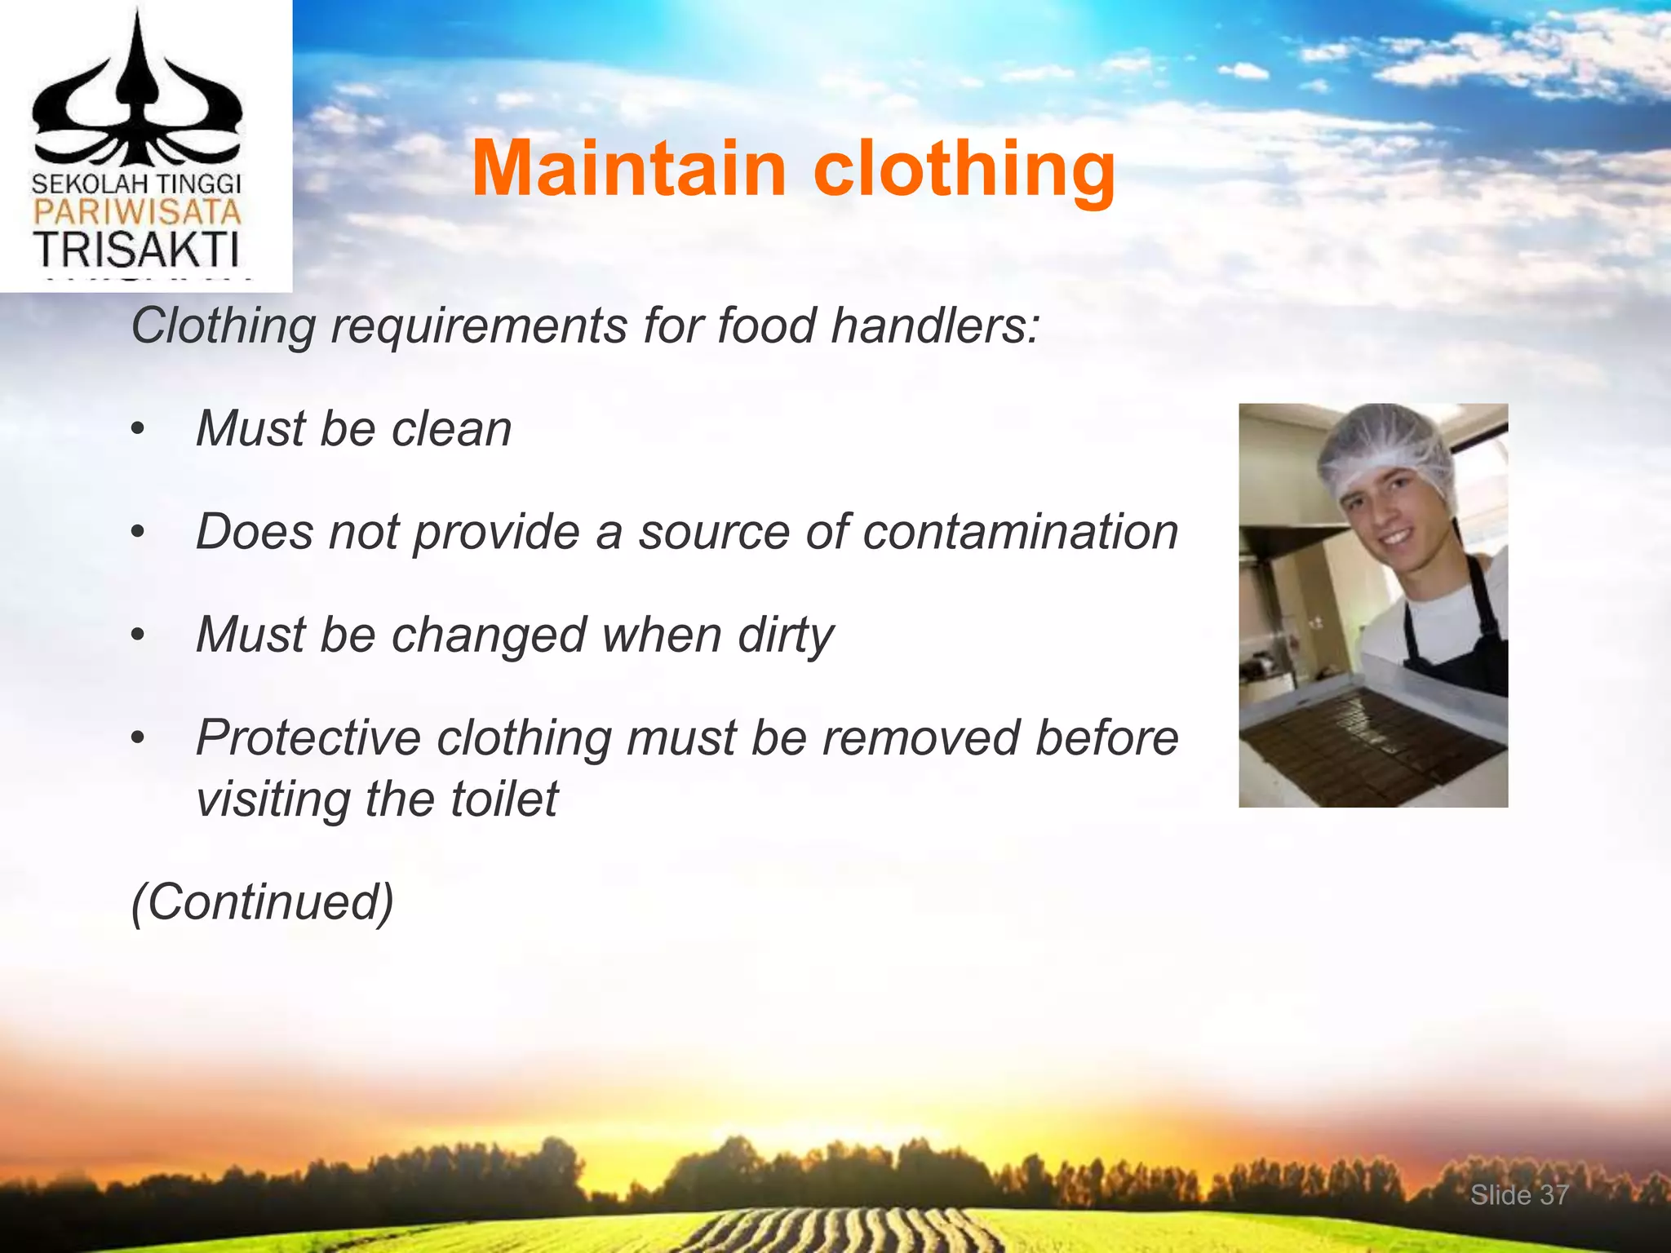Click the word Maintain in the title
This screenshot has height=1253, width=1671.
pyautogui.click(x=628, y=169)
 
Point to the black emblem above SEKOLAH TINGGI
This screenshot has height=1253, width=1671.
pyautogui.click(x=136, y=98)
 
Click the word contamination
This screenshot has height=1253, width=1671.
pyautogui.click(x=1021, y=532)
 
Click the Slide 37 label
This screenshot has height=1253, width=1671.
pyautogui.click(x=1519, y=1195)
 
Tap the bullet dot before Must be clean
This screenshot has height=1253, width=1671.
pyautogui.click(x=138, y=431)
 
